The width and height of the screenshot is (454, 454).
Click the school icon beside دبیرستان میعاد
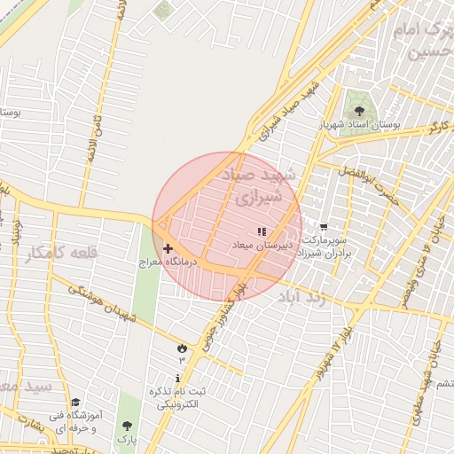click(x=261, y=231)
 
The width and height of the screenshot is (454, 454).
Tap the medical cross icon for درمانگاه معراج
click(x=168, y=249)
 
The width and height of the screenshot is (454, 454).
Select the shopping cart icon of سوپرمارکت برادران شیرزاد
click(x=323, y=227)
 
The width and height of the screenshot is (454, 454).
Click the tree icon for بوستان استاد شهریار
click(x=358, y=111)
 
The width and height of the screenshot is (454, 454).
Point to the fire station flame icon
click(x=182, y=347)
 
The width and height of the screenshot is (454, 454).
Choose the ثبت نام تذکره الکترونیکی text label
click(x=182, y=397)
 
